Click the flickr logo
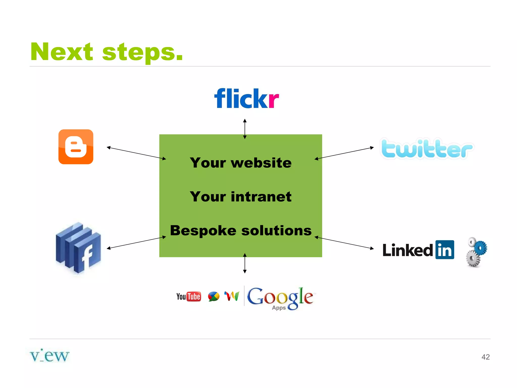click(x=246, y=98)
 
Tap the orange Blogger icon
click(x=76, y=147)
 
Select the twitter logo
click(x=427, y=149)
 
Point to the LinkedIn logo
click(x=418, y=250)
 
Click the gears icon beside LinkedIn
click(x=476, y=252)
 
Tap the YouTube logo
click(x=189, y=297)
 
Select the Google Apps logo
click(x=280, y=298)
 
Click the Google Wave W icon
click(x=232, y=296)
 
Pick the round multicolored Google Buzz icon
click(x=214, y=297)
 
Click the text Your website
click(x=241, y=163)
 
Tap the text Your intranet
click(x=241, y=197)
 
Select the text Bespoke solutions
click(x=241, y=230)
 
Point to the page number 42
click(x=485, y=357)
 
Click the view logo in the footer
click(x=49, y=356)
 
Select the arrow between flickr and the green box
click(x=245, y=129)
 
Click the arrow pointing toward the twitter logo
click(x=344, y=153)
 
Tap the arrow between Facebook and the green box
click(x=136, y=243)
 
